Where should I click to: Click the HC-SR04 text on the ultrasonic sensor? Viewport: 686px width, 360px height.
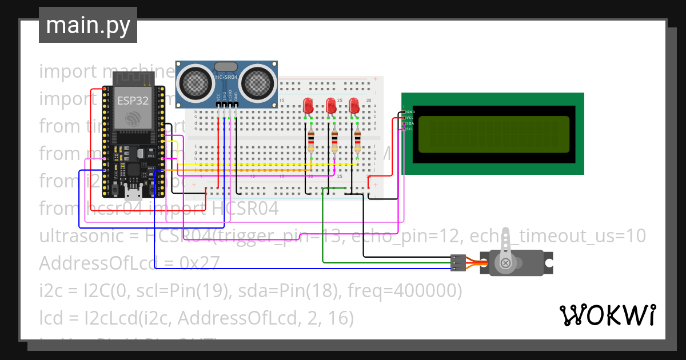tap(226, 77)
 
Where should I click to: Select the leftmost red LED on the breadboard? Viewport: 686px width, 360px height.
tap(308, 106)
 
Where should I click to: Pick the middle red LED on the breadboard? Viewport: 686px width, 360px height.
tap(331, 106)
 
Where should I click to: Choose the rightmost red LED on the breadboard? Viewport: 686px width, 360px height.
tap(354, 106)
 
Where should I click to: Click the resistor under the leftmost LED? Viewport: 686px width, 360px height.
tap(311, 141)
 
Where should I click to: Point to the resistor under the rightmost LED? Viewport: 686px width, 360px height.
tap(358, 141)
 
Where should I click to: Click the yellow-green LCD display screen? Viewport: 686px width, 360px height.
tap(494, 134)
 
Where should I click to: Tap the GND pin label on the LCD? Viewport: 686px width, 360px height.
tap(410, 111)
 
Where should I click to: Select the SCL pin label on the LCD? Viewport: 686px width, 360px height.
tap(410, 129)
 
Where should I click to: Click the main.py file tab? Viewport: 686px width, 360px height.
tap(88, 25)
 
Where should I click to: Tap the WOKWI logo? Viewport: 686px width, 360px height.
tap(607, 315)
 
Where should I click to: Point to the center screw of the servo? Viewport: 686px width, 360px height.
tap(505, 263)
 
